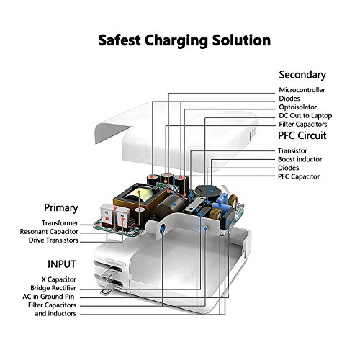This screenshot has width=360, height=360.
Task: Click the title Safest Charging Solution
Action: (184, 40)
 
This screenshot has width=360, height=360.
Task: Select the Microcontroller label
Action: (302, 90)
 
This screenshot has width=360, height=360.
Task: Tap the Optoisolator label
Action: (297, 107)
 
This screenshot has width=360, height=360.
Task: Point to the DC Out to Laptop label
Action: (305, 116)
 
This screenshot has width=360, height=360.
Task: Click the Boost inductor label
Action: (300, 159)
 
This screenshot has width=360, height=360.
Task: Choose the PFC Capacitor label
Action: (299, 176)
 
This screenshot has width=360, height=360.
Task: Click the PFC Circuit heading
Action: (302, 135)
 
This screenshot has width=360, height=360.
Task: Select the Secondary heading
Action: (302, 75)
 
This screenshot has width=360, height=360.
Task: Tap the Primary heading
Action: (61, 208)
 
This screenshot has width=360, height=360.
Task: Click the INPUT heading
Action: (61, 264)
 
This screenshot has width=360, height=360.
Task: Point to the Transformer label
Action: (60, 223)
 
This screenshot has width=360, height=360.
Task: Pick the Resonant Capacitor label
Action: (49, 232)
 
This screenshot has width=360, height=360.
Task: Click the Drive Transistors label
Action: (53, 240)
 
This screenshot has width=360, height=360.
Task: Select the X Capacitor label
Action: (58, 279)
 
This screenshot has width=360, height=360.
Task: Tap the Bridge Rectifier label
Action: (53, 288)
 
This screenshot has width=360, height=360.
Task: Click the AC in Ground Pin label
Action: (48, 297)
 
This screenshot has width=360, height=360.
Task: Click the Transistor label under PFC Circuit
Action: (292, 150)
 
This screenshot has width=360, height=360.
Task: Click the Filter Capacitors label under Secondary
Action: (303, 125)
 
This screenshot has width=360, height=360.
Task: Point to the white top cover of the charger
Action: (178, 135)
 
